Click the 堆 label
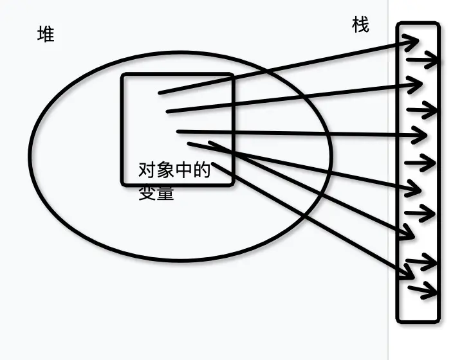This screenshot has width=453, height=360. [45, 34]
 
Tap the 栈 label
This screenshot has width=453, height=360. [361, 25]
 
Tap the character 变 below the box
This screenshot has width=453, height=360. [147, 193]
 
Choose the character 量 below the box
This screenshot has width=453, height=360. [165, 193]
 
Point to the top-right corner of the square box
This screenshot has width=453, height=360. [232, 76]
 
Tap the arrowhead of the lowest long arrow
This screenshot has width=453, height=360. [412, 276]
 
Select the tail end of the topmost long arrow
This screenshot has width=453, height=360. [160, 93]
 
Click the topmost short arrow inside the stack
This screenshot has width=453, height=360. [425, 60]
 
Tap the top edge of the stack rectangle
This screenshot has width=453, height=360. [418, 24]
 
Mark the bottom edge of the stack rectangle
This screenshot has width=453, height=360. [418, 319]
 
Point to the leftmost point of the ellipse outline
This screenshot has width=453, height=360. [30, 154]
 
